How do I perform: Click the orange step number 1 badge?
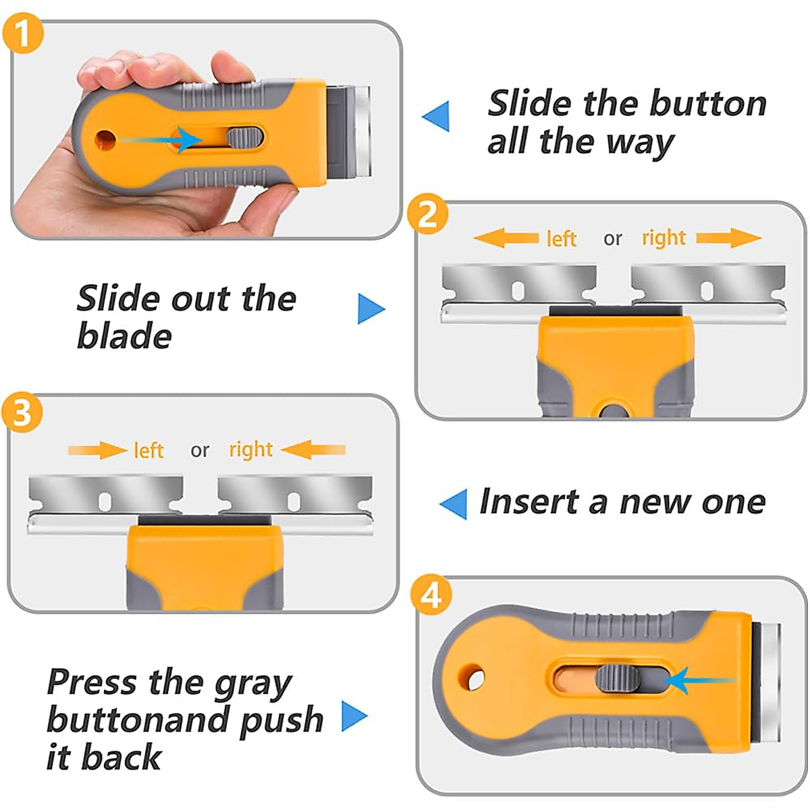[x=23, y=32]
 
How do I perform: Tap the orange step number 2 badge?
[x=427, y=217]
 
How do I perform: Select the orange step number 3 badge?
[x=22, y=414]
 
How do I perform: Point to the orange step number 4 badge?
[x=431, y=596]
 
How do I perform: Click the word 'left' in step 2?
[x=561, y=239]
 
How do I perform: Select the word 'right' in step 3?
[x=251, y=450]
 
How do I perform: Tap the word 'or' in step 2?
[x=612, y=239]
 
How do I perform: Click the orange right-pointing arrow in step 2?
[x=729, y=238]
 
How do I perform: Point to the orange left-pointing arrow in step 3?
[x=313, y=450]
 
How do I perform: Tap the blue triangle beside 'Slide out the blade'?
[x=371, y=309]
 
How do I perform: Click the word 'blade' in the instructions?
[x=124, y=336]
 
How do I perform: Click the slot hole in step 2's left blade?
[x=518, y=290]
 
